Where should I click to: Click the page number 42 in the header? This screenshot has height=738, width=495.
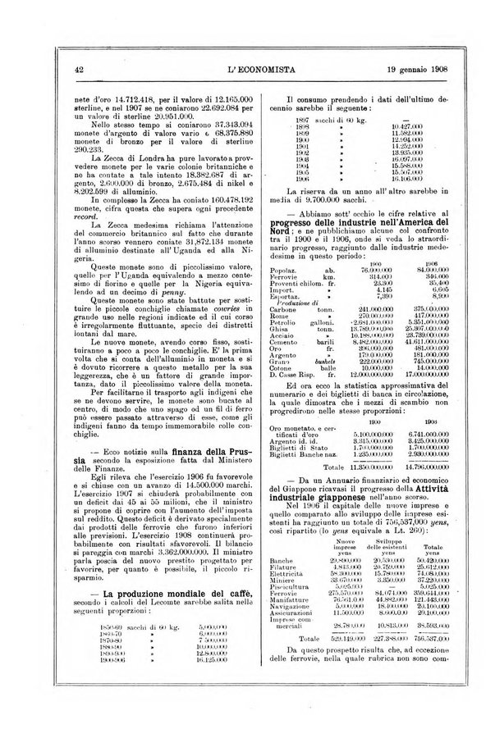(79, 70)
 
